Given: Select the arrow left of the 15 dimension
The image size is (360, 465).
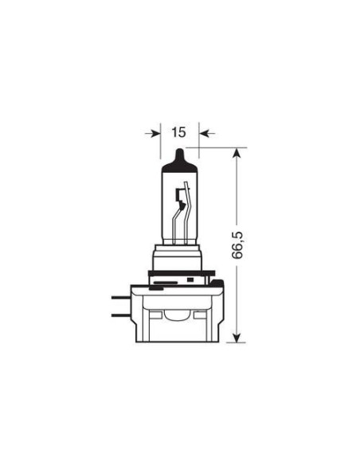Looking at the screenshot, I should (152, 133).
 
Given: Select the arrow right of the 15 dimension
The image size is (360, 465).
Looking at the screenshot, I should (205, 133).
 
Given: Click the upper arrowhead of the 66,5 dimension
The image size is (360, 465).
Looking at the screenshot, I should (237, 153).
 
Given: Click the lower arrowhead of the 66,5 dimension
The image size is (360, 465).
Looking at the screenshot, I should (237, 336).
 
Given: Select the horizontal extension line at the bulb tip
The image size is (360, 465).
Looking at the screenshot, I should (215, 147).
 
